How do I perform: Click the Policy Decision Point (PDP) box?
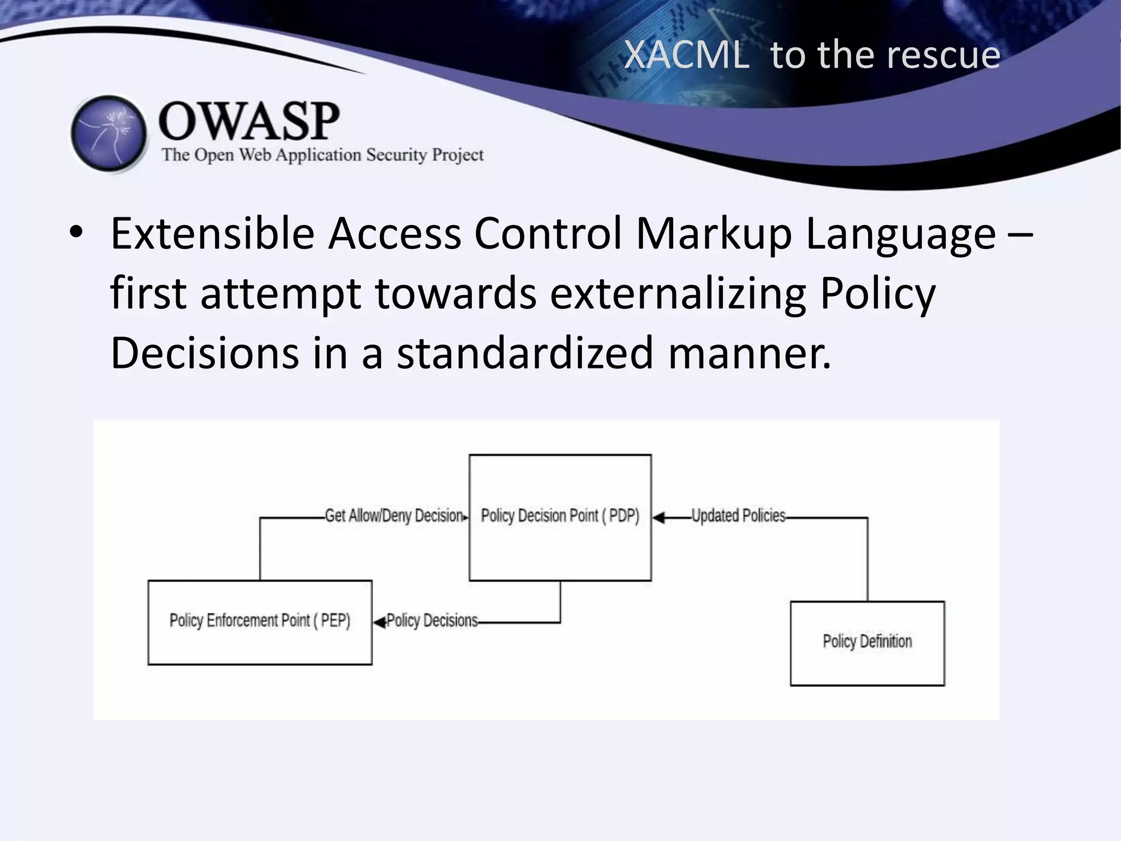click(560, 517)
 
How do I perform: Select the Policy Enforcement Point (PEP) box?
click(260, 622)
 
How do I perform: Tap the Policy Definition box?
click(868, 643)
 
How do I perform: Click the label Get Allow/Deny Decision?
click(394, 516)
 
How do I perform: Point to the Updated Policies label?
click(738, 516)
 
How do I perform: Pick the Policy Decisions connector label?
click(432, 621)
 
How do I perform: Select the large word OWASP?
click(249, 121)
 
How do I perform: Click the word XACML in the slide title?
click(686, 55)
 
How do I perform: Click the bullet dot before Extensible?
click(76, 233)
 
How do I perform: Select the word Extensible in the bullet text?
click(212, 234)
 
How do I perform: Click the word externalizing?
click(678, 293)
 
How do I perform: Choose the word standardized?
click(525, 353)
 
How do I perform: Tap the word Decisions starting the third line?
click(205, 353)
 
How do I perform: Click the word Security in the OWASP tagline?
click(396, 155)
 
